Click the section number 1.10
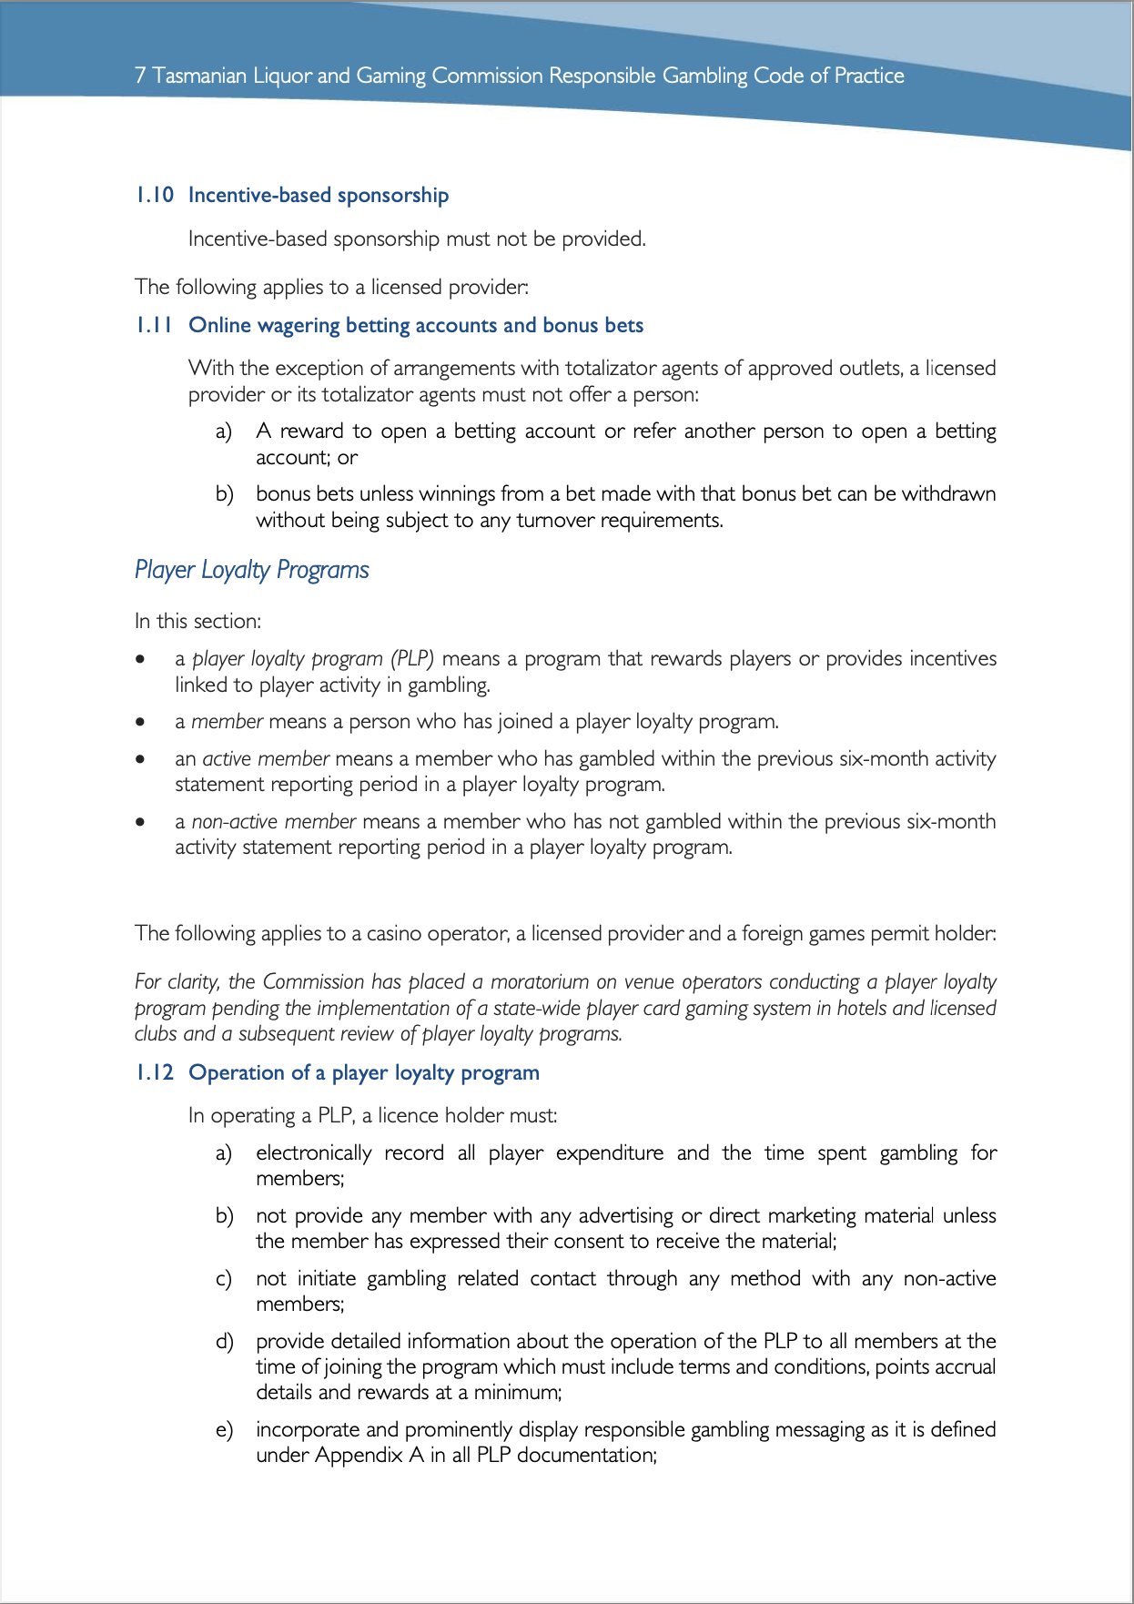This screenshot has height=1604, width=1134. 154,195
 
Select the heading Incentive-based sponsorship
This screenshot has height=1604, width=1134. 318,195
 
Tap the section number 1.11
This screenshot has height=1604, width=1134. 154,325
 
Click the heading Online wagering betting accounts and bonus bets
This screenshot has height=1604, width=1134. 415,325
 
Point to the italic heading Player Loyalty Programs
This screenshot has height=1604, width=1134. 251,570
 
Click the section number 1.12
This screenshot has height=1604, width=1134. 154,1072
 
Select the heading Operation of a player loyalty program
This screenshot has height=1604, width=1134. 363,1072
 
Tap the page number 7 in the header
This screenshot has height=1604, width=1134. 139,76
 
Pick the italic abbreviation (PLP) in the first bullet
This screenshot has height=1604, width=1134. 412,658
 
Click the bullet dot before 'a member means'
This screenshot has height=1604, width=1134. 140,722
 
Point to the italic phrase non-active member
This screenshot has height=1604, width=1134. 273,821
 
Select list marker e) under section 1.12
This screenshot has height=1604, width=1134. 224,1430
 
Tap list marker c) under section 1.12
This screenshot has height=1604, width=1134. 224,1279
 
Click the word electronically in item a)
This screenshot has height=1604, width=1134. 313,1152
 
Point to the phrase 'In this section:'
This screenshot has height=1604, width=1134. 197,621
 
